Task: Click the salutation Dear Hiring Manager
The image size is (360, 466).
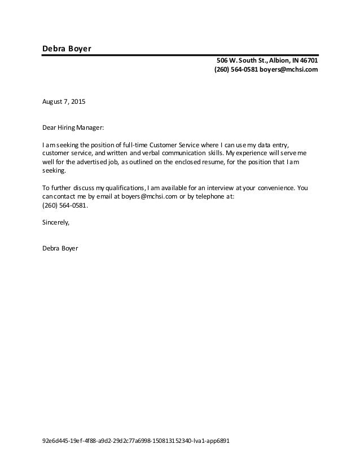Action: [73, 128]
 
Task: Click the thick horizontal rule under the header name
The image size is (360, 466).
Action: [181, 55]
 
